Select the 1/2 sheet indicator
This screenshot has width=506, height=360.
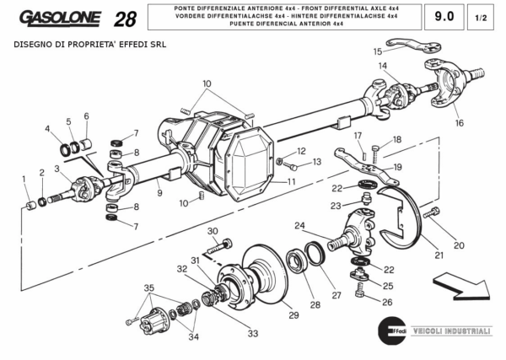pyautogui.click(x=481, y=17)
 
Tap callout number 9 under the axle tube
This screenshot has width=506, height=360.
pyautogui.click(x=159, y=193)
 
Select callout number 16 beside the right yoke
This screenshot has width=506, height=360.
pyautogui.click(x=459, y=123)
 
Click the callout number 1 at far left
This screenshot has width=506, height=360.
pyautogui.click(x=23, y=178)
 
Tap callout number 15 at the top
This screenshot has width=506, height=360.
pyautogui.click(x=378, y=51)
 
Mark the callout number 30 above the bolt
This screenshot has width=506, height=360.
pyautogui.click(x=213, y=231)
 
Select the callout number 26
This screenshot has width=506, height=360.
pyautogui.click(x=387, y=302)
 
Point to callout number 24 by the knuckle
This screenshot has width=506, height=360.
pyautogui.click(x=299, y=225)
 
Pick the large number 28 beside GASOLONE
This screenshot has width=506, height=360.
pyautogui.click(x=124, y=19)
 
